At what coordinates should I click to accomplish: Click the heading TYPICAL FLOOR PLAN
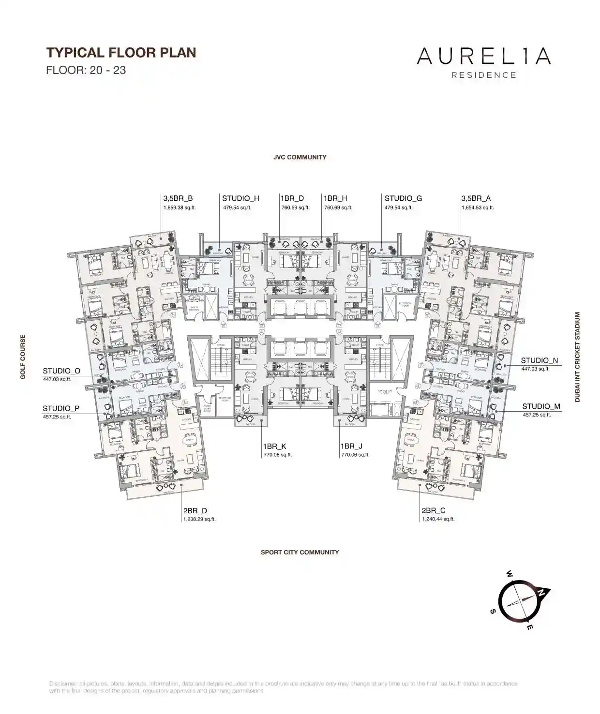(121, 52)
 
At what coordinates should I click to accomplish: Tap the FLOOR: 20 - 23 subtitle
(86, 70)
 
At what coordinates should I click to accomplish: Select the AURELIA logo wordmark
(483, 56)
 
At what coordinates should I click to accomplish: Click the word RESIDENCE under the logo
(483, 75)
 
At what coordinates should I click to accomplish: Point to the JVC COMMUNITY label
(300, 157)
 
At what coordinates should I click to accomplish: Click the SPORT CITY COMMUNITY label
(300, 552)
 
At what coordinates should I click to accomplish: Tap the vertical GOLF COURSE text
(23, 357)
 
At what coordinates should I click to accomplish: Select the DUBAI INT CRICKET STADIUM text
(577, 357)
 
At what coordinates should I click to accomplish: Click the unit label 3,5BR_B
(178, 198)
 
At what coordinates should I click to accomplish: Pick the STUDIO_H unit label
(240, 198)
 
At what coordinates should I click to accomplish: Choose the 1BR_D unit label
(292, 198)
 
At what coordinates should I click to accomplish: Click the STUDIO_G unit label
(403, 198)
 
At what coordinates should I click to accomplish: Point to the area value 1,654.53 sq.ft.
(478, 208)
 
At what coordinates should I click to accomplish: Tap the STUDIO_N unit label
(539, 360)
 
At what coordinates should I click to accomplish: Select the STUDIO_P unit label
(61, 408)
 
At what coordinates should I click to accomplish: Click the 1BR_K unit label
(275, 446)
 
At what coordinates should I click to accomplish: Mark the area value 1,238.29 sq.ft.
(199, 519)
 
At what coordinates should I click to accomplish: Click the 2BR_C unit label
(433, 510)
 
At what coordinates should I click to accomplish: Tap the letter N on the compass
(542, 592)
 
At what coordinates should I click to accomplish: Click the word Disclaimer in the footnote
(63, 684)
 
